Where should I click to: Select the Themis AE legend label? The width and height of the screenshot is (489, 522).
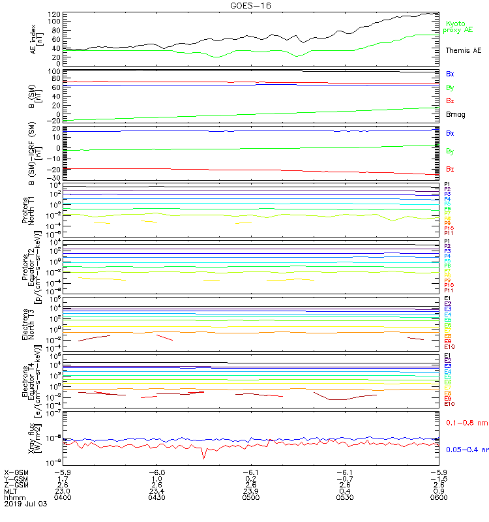point(463,50)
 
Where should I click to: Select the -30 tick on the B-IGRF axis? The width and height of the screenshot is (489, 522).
point(55,178)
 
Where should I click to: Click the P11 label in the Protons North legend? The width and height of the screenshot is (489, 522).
point(449,233)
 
